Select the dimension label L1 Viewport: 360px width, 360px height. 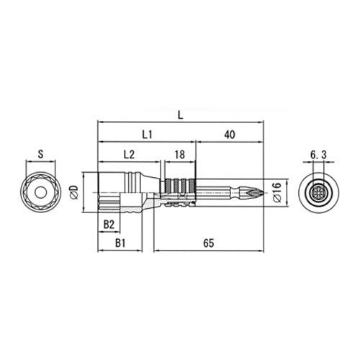146,134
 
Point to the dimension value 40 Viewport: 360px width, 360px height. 230,134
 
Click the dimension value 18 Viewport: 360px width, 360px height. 180,154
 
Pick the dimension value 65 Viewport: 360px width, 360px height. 208,244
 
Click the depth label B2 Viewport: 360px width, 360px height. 109,225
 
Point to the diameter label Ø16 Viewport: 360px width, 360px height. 276,193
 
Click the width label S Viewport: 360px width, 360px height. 41,154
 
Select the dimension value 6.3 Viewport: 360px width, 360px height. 319,154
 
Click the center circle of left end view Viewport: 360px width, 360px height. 41,192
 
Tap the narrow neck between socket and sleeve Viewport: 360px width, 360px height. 154,192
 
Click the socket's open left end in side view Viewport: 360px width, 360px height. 99,192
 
